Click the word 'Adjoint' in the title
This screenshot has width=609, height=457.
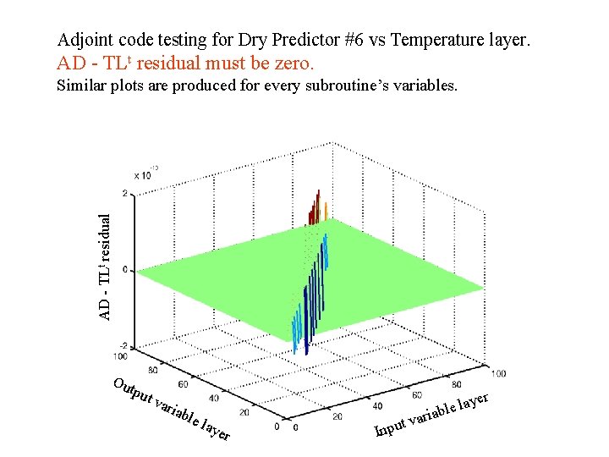pyautogui.click(x=85, y=39)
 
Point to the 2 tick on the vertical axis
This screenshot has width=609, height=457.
pyautogui.click(x=125, y=194)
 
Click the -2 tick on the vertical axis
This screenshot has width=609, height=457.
pyautogui.click(x=123, y=346)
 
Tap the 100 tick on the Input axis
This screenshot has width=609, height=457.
pyautogui.click(x=498, y=373)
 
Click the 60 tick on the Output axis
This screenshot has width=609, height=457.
pyautogui.click(x=184, y=384)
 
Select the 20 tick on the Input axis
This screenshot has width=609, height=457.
pyautogui.click(x=337, y=416)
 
